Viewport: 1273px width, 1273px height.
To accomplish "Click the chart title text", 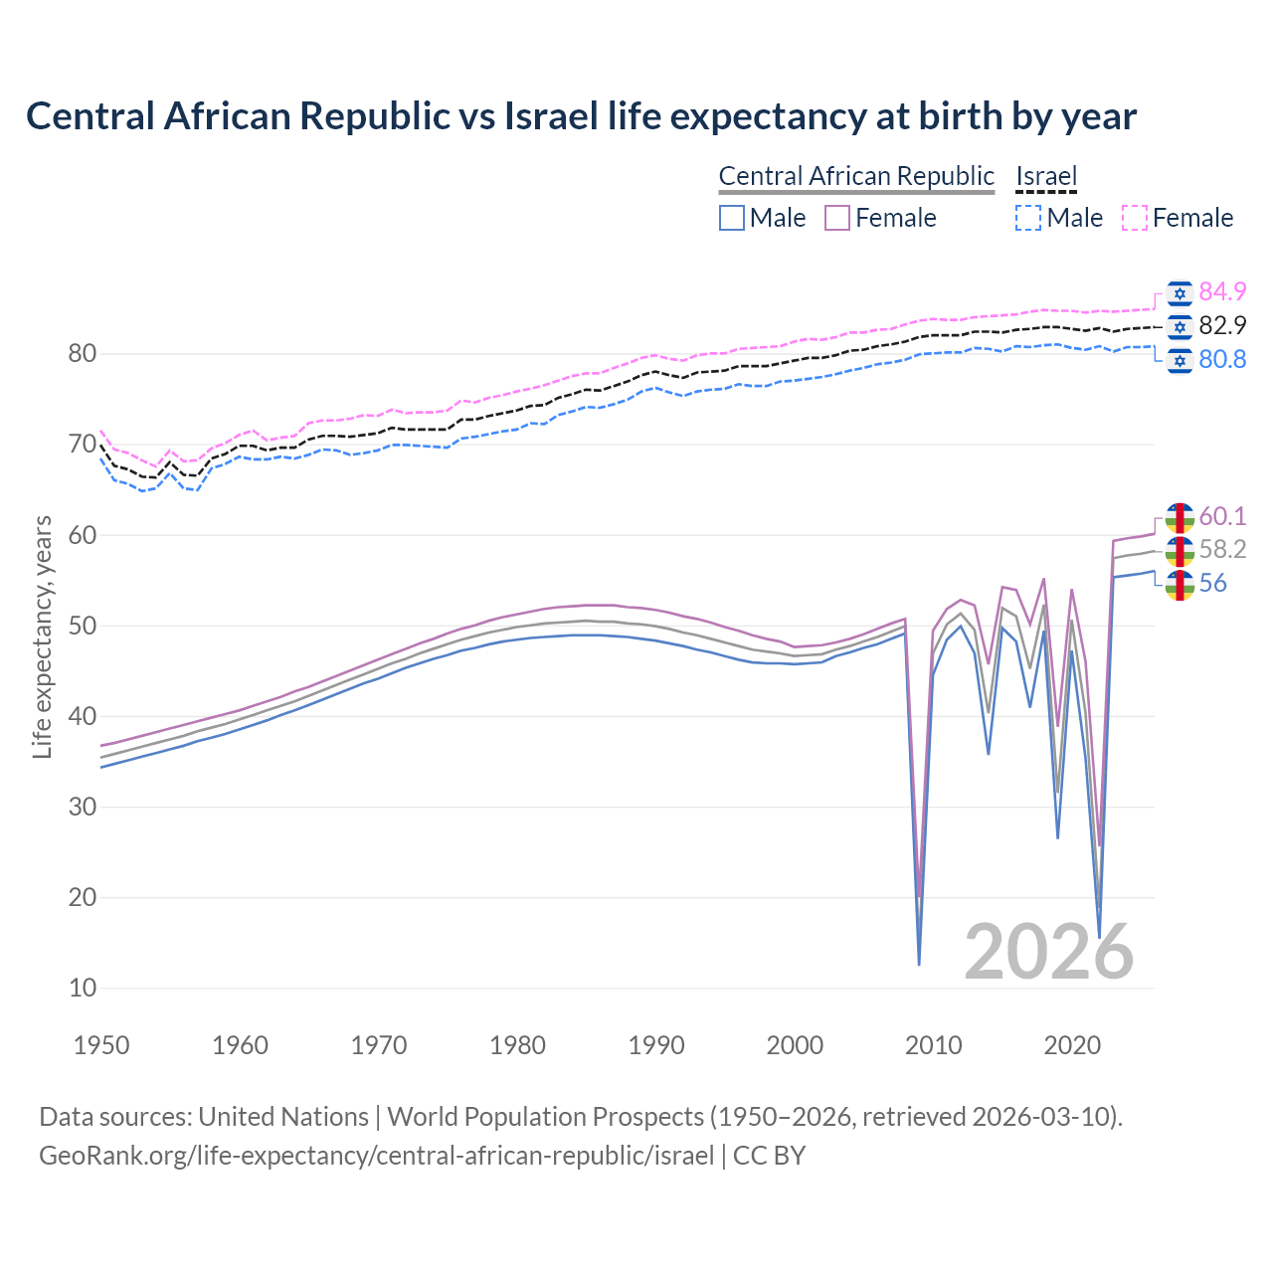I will pyautogui.click(x=581, y=116).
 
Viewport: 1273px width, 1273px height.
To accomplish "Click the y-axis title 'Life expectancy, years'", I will pyautogui.click(x=42, y=636).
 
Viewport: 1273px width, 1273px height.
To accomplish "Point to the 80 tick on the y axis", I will pyautogui.click(x=83, y=354).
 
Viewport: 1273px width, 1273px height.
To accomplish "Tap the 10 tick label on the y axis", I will pyautogui.click(x=83, y=988).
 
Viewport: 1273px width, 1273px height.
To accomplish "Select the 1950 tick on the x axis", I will pyautogui.click(x=101, y=1045).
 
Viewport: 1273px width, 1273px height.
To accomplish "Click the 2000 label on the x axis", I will pyautogui.click(x=795, y=1045).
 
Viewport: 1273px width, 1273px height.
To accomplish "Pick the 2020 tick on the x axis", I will pyautogui.click(x=1072, y=1045).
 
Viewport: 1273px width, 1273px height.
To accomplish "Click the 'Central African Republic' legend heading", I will pyautogui.click(x=856, y=176).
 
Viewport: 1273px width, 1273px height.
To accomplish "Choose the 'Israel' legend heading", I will pyautogui.click(x=1046, y=176).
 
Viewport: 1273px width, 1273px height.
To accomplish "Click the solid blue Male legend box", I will pyautogui.click(x=732, y=218).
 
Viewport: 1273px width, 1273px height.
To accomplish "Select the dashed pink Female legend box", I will pyautogui.click(x=1135, y=218).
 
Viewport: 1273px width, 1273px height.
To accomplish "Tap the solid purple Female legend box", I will pyautogui.click(x=837, y=218).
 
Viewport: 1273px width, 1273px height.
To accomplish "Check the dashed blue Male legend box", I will pyautogui.click(x=1028, y=218).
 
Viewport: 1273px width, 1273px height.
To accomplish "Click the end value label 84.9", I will pyautogui.click(x=1222, y=291).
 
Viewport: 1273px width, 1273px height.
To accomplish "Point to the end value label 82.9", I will pyautogui.click(x=1222, y=325).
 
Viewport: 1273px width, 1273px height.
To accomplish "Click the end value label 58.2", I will pyautogui.click(x=1222, y=549).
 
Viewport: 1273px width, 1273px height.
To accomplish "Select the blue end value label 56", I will pyautogui.click(x=1212, y=583).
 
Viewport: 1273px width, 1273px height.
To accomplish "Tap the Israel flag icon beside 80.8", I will pyautogui.click(x=1180, y=359).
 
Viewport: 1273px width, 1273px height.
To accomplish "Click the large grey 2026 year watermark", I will pyautogui.click(x=1048, y=952).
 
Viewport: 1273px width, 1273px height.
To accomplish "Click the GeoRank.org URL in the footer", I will pyautogui.click(x=376, y=1155).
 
